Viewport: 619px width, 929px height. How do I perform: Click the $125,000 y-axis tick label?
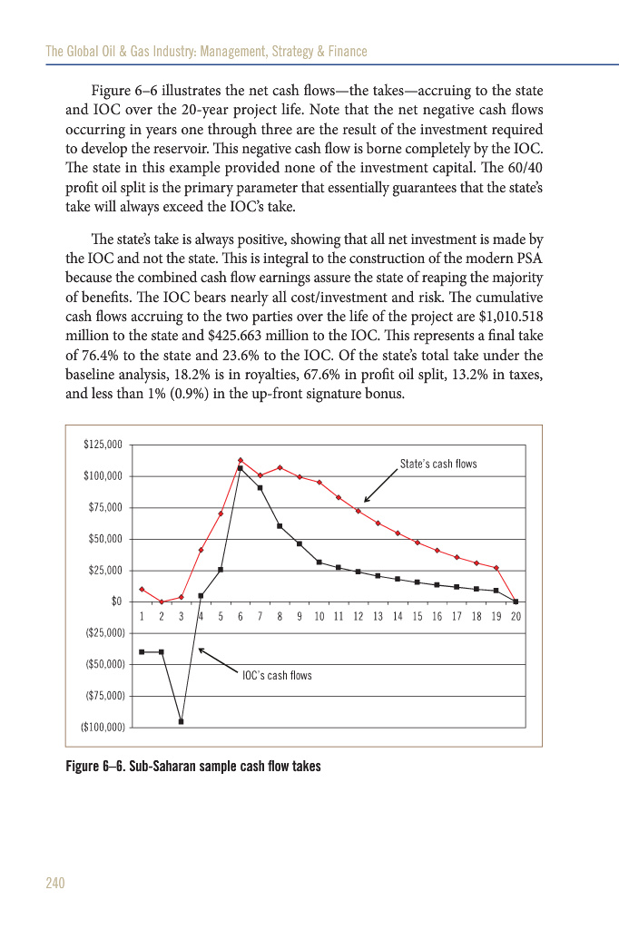(x=103, y=445)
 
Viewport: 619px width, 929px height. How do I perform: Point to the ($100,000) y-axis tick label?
(x=102, y=728)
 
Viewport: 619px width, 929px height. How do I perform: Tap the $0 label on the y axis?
(x=115, y=601)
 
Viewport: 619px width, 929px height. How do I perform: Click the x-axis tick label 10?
(x=319, y=616)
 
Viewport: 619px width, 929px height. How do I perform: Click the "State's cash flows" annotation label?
(x=438, y=464)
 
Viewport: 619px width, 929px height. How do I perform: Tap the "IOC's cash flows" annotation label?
(x=277, y=675)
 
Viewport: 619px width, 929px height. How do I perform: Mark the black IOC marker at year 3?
(x=182, y=721)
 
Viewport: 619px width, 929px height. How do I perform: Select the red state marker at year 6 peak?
(x=241, y=461)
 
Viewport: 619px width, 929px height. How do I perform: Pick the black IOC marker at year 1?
(x=142, y=651)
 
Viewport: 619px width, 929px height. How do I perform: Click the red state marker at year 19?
(x=496, y=568)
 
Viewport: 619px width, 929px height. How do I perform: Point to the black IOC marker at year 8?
(x=280, y=526)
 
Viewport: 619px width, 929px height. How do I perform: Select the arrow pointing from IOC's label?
(x=218, y=660)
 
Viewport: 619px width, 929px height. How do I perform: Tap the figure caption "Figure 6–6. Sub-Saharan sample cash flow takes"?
(x=193, y=766)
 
